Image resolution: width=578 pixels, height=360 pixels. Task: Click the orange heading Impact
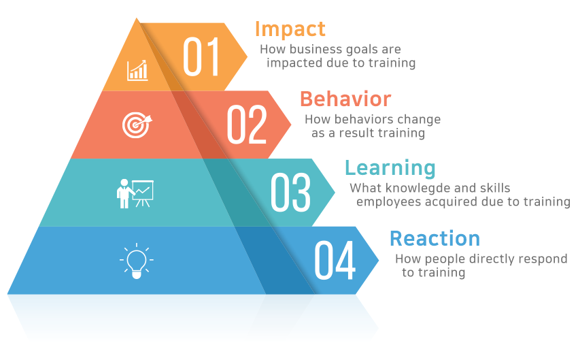coord(290,30)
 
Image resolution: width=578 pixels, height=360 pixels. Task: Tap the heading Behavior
coord(345,99)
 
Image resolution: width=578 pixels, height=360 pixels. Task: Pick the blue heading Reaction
coord(435,239)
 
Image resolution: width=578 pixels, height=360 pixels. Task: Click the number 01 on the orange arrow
coord(201,56)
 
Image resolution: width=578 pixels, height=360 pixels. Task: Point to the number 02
coord(247,125)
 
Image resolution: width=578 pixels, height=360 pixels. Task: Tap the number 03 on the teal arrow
coord(290,192)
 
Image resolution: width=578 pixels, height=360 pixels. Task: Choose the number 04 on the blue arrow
coord(335,260)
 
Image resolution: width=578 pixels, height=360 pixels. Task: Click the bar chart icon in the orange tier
coord(137,71)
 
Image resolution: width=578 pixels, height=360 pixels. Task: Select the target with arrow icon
coord(137,125)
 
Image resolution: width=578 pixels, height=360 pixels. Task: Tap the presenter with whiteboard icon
coord(135,193)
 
